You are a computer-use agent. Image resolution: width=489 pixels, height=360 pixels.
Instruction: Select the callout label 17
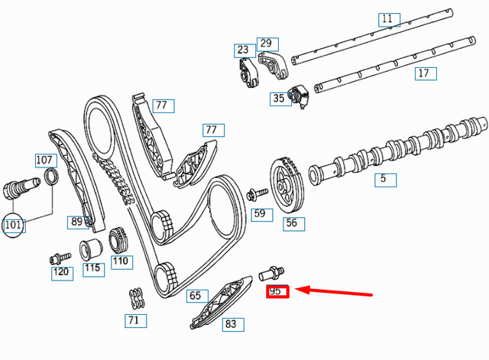pyautogui.click(x=423, y=73)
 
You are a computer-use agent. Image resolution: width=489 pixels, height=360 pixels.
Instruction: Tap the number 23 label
pyautogui.click(x=243, y=51)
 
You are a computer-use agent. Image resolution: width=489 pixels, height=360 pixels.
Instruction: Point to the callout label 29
pyautogui.click(x=265, y=43)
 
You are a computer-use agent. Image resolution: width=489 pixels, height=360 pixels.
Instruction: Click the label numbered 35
pyautogui.click(x=279, y=98)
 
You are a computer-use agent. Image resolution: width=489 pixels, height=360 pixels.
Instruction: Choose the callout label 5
pyautogui.click(x=385, y=180)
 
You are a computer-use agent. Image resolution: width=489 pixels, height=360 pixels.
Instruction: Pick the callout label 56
pyautogui.click(x=291, y=223)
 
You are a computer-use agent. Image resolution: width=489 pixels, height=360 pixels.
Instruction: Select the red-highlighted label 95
pyautogui.click(x=276, y=291)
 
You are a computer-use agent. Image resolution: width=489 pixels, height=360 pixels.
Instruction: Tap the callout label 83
pyautogui.click(x=231, y=324)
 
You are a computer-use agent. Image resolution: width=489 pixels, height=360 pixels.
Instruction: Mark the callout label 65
pyautogui.click(x=196, y=296)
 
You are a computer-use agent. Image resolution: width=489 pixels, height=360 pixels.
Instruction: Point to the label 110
pyautogui.click(x=121, y=261)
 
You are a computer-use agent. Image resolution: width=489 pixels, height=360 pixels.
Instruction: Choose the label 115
pyautogui.click(x=92, y=268)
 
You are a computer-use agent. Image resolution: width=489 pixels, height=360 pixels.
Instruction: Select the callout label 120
pyautogui.click(x=61, y=271)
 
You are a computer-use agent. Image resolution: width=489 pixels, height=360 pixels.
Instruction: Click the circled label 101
pyautogui.click(x=13, y=225)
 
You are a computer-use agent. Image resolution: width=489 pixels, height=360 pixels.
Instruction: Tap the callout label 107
pyautogui.click(x=45, y=161)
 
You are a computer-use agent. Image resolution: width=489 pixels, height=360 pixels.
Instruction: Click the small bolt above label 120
pyautogui.click(x=56, y=258)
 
